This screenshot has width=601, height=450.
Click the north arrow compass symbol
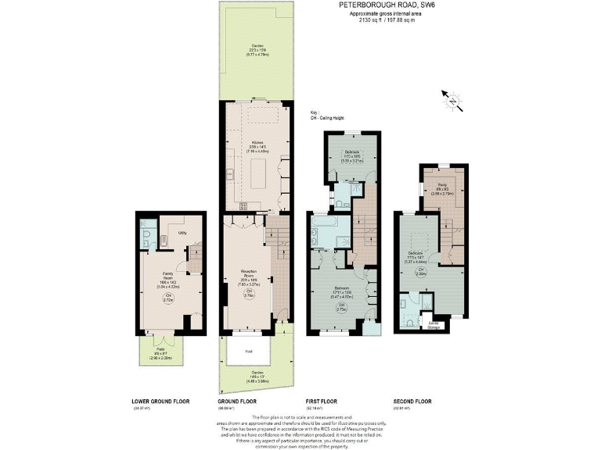point(452,100)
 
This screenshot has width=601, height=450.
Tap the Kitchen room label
point(256,141)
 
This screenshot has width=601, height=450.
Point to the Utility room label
point(182,233)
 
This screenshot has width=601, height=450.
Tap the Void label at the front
point(248,352)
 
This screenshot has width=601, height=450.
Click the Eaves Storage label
point(434,324)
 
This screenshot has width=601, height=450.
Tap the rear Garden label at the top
point(257,46)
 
